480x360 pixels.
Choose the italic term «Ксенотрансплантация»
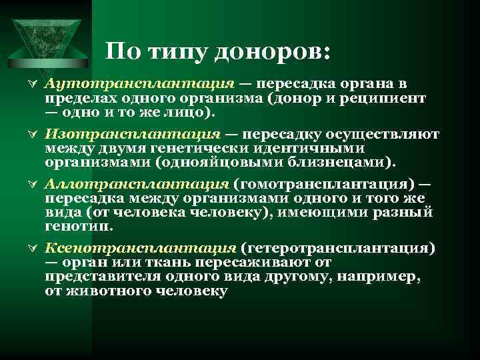pos(139,247)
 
